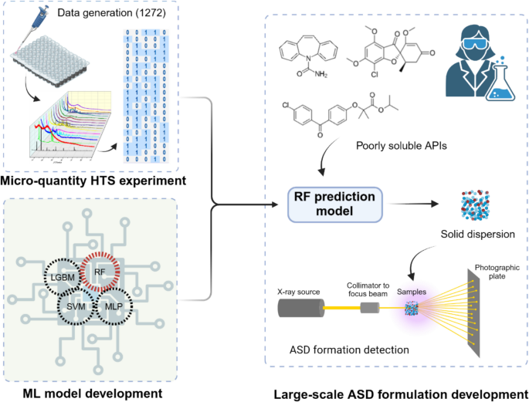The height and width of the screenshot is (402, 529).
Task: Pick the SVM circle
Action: pos(76,306)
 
